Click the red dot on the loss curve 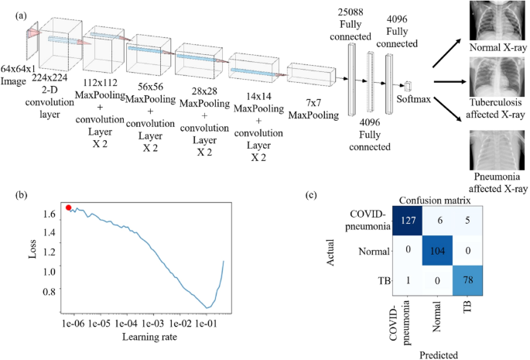coord(69,207)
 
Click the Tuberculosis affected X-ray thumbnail coord(497,83)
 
